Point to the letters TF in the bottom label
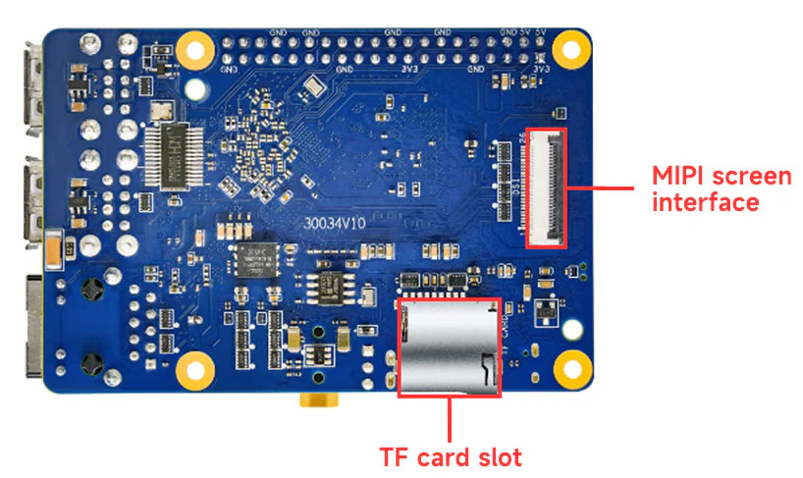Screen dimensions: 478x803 point(395,456)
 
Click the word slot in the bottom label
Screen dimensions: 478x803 point(497,456)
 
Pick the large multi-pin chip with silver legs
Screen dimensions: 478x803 point(175,156)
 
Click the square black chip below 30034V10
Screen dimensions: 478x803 point(258,259)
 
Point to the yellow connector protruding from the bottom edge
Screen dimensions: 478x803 point(316,401)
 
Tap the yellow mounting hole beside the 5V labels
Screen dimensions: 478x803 point(568,47)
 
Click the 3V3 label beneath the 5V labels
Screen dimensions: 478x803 point(541,69)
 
